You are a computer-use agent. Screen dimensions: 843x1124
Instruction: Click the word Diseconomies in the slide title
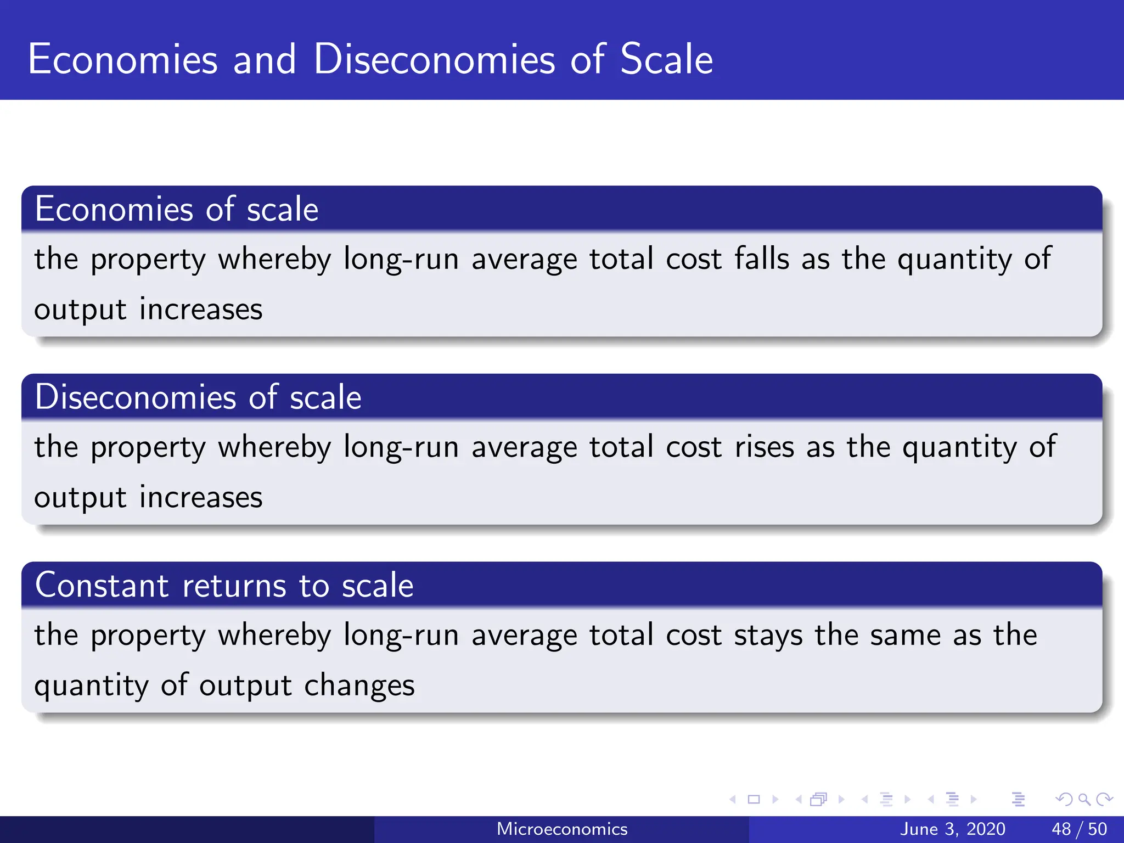click(x=434, y=59)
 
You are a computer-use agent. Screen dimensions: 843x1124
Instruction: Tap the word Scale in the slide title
click(x=666, y=59)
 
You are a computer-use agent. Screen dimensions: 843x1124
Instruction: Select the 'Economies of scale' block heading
click(x=177, y=209)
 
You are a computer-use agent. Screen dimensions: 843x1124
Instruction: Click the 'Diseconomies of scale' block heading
click(x=198, y=397)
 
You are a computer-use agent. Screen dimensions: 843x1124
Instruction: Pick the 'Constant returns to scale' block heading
click(x=224, y=585)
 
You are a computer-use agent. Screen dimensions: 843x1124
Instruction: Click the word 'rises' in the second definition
click(x=764, y=446)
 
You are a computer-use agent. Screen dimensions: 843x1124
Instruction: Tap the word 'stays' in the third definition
click(x=768, y=636)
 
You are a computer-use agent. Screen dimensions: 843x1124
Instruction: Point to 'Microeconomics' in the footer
click(x=562, y=829)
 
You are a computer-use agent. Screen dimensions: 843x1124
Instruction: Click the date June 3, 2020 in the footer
click(x=953, y=829)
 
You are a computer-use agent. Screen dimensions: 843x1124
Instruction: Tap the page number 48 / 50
click(x=1079, y=829)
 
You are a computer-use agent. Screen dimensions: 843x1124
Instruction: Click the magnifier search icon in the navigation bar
click(x=1084, y=799)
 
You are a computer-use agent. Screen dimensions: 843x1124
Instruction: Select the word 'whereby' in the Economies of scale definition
click(x=274, y=259)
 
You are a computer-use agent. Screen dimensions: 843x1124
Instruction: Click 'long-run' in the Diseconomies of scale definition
click(x=401, y=447)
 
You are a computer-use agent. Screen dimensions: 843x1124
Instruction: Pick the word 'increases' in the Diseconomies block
click(x=201, y=497)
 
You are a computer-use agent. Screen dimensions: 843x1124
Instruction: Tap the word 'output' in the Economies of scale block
click(x=80, y=310)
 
